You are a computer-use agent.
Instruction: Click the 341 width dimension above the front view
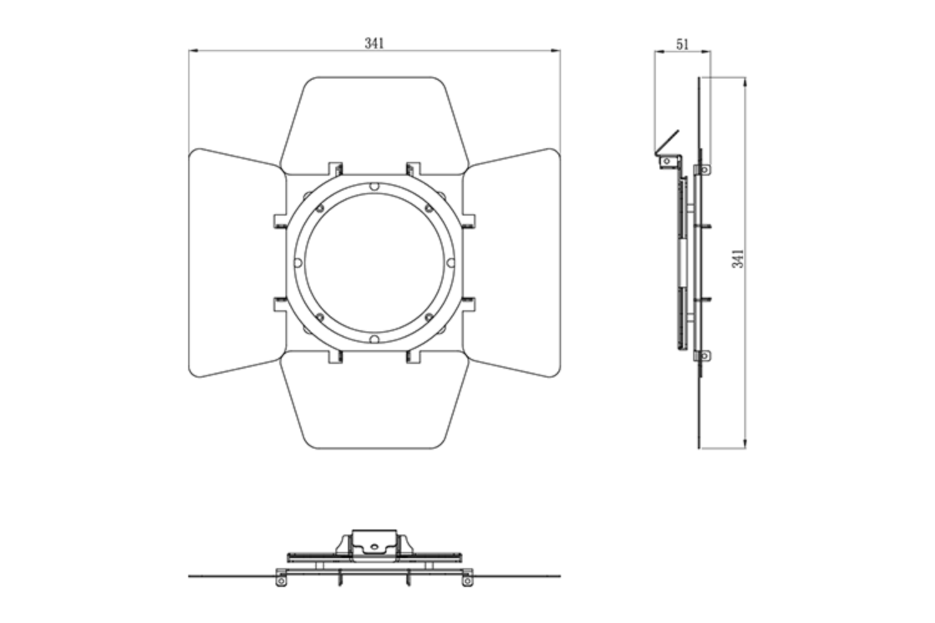pos(374,43)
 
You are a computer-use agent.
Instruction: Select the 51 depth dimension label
pos(683,44)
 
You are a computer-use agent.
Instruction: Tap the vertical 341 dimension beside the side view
pos(738,258)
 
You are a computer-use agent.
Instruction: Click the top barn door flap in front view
pos(374,121)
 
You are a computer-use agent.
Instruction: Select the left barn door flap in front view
pos(234,263)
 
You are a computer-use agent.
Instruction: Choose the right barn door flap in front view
pos(514,263)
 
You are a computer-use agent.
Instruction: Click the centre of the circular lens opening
pos(374,263)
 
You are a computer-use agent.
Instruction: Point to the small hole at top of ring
pos(374,186)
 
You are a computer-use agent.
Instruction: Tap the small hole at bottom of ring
pos(374,340)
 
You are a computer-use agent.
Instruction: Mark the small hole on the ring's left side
pos(297,263)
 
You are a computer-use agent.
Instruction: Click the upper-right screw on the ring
pos(429,208)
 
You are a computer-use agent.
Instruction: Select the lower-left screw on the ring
pos(319,318)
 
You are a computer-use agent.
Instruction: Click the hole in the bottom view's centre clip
pos(374,546)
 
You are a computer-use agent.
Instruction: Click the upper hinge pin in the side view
pos(704,169)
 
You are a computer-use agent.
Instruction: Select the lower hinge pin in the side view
pos(704,356)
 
